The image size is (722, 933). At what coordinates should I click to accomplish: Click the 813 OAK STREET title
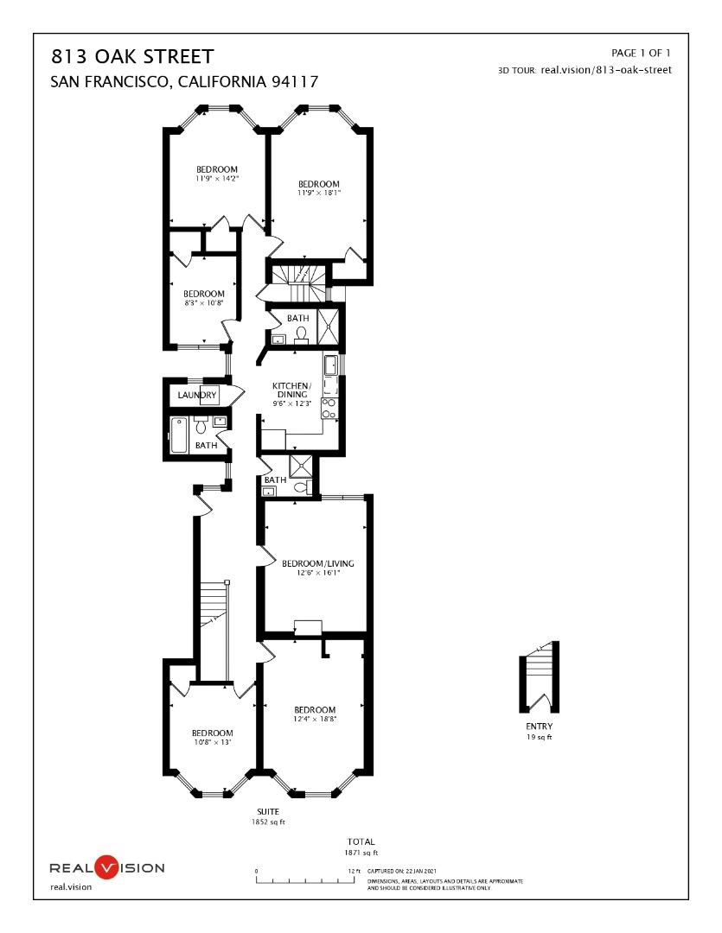[132, 58]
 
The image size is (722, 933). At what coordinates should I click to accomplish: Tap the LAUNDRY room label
[197, 396]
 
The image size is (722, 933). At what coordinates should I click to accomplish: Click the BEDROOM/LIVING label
[318, 563]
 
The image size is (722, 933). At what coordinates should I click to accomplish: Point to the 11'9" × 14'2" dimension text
[216, 179]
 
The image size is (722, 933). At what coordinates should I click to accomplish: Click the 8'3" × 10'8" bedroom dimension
[204, 303]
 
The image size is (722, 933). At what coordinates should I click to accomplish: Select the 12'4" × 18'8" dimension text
[315, 719]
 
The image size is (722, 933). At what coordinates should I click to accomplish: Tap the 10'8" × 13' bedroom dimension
[212, 742]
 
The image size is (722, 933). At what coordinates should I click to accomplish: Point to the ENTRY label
[539, 727]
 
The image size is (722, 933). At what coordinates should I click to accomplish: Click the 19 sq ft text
[539, 737]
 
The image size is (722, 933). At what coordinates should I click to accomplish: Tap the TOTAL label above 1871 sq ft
[361, 841]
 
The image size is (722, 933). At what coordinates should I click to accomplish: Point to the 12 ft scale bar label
[353, 871]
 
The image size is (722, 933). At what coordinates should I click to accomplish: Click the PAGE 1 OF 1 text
[641, 54]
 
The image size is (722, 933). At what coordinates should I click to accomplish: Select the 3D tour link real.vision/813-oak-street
[605, 70]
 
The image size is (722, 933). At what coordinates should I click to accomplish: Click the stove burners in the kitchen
[329, 409]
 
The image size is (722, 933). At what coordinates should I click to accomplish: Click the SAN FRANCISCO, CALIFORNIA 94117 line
[185, 83]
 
